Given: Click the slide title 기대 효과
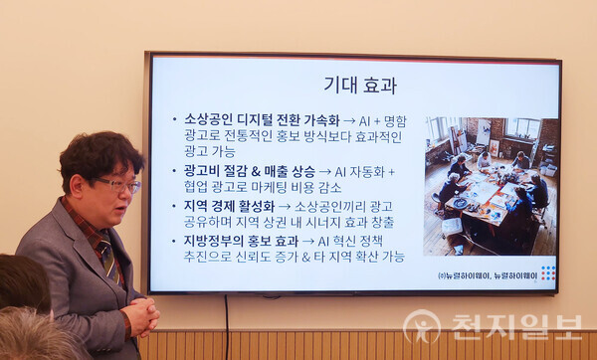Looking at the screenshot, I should click(x=360, y=85).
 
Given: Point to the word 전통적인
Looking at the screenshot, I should click(x=258, y=137).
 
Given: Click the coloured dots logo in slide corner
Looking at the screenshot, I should click(x=547, y=273).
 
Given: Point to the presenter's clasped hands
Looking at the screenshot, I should click(x=140, y=316).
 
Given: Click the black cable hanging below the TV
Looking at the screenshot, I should click(x=226, y=323).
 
